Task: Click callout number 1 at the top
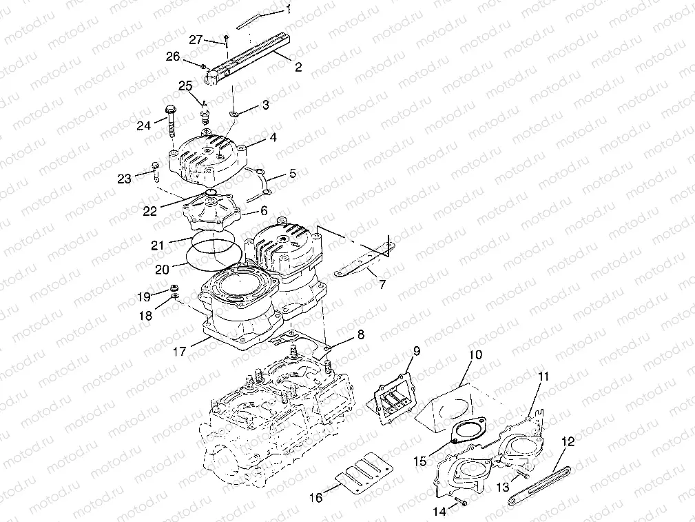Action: (x=289, y=9)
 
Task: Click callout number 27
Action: (x=196, y=40)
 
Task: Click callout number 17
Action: (x=180, y=351)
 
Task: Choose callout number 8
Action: (x=360, y=336)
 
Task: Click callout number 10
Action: (x=476, y=356)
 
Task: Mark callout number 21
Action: (x=158, y=245)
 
